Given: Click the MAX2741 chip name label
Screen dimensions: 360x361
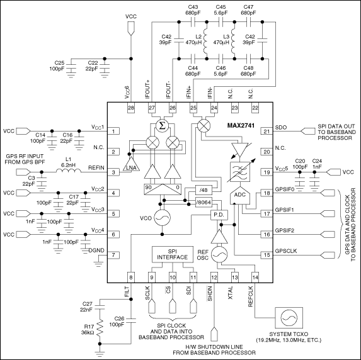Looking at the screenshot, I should (240, 128).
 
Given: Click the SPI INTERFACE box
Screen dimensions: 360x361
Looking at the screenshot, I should (172, 254).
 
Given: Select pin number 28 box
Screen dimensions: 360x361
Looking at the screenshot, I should (131, 108).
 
